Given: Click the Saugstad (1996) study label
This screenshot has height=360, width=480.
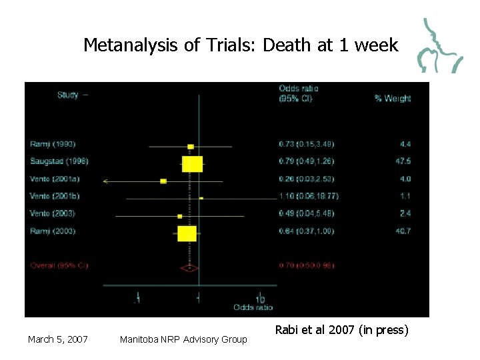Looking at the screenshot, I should [59, 161].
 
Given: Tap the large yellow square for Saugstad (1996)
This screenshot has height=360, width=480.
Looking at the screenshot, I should [192, 163].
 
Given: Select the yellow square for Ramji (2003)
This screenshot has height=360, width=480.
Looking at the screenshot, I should [187, 233].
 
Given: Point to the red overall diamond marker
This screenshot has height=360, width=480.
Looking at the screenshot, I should [189, 268].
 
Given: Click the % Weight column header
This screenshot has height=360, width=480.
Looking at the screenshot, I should [393, 99].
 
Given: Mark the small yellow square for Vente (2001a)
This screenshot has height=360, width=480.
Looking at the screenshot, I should [163, 181].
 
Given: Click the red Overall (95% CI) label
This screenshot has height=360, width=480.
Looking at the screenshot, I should [59, 266].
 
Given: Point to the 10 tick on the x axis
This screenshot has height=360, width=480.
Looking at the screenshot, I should [259, 299].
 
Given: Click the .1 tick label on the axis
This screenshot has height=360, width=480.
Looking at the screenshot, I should [137, 299].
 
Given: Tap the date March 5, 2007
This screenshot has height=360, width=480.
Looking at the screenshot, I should [58, 340].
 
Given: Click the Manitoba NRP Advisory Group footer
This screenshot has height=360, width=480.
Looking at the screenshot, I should [183, 340].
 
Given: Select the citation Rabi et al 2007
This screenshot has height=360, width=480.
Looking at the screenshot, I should [341, 329].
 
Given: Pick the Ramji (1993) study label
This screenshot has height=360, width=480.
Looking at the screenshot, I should [53, 144].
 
